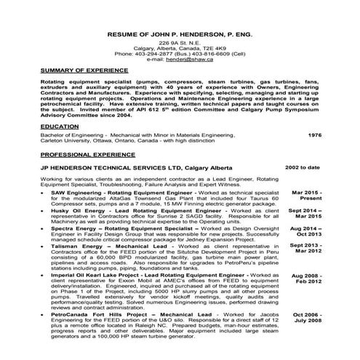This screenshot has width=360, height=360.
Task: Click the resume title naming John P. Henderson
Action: point(178,34)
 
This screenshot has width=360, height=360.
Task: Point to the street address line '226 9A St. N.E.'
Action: point(178,44)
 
